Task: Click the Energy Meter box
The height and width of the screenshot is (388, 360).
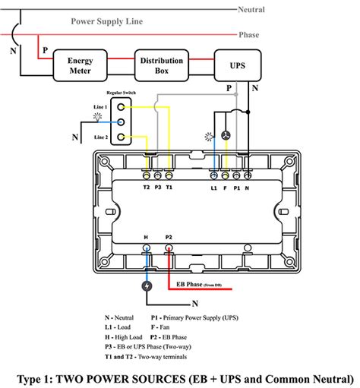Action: tap(80, 66)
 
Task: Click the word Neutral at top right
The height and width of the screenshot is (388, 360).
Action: tap(251, 9)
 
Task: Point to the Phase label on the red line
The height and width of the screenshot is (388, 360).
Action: tap(249, 35)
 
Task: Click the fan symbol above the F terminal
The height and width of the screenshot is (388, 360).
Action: tap(225, 134)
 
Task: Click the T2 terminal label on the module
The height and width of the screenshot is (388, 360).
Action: tap(145, 185)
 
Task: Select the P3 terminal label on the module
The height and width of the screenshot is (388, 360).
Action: tap(157, 185)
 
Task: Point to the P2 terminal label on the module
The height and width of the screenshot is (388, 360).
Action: tap(169, 236)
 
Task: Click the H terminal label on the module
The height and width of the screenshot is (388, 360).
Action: tap(145, 236)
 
